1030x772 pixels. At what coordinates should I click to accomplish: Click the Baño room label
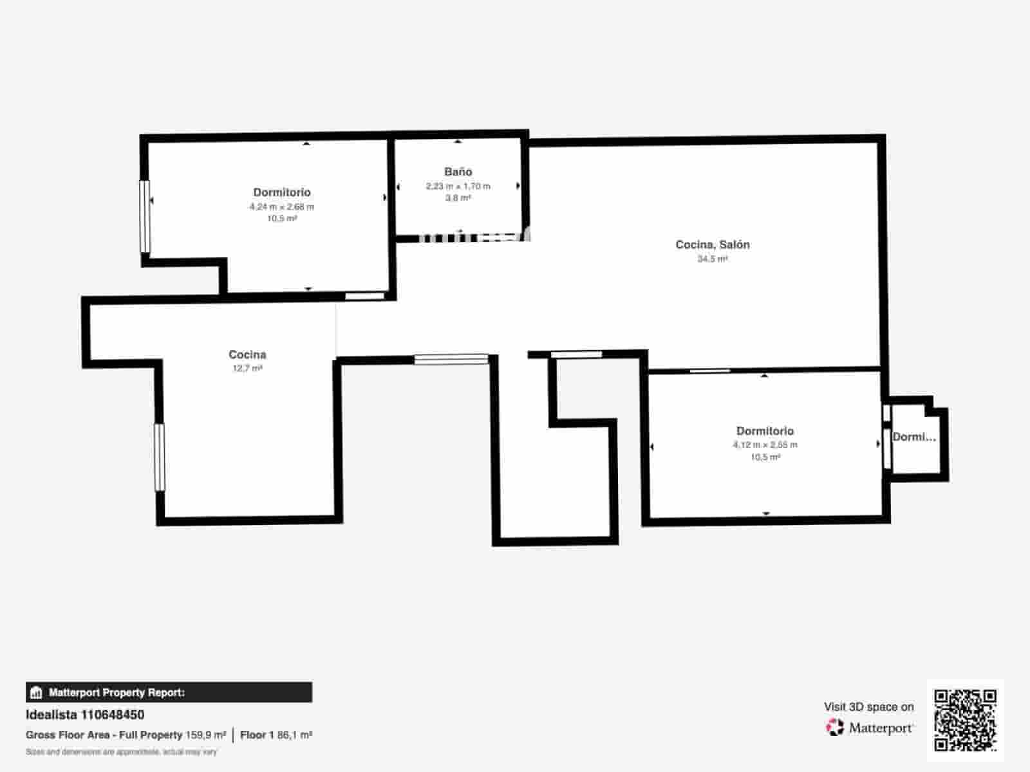tap(458, 172)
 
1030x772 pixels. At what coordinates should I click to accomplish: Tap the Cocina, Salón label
tap(712, 244)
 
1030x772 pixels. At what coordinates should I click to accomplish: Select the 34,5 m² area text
tap(712, 259)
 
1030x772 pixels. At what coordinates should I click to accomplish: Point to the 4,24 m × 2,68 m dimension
tap(282, 207)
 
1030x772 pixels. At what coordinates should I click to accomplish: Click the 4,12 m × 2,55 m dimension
tap(765, 445)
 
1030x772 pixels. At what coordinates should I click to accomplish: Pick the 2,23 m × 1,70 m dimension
tap(458, 187)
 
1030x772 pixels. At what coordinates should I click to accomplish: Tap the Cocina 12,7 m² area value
tap(247, 369)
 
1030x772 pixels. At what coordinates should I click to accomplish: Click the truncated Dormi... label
tap(913, 437)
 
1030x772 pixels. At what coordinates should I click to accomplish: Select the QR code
tap(965, 720)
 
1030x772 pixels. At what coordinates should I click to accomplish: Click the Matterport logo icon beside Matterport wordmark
tap(835, 728)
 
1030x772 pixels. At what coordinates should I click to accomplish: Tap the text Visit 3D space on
tap(868, 706)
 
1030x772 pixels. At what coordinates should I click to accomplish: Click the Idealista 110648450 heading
tap(85, 715)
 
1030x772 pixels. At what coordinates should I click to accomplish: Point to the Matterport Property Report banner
tap(169, 692)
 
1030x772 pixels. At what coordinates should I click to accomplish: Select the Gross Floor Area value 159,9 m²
tap(206, 735)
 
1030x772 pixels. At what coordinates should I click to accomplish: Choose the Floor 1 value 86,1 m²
tap(295, 735)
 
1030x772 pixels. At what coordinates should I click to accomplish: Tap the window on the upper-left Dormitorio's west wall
tap(145, 216)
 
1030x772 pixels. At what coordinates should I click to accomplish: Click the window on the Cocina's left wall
tap(159, 457)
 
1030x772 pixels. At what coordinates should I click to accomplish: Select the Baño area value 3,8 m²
tap(458, 198)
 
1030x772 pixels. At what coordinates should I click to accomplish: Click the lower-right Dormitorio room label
tap(765, 431)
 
